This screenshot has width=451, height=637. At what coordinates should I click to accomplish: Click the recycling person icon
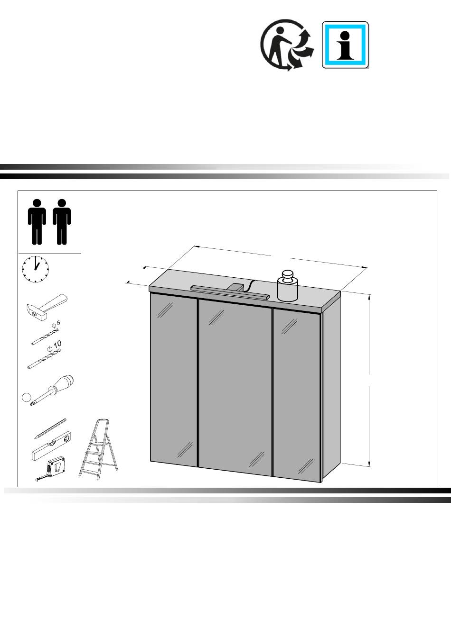click(287, 45)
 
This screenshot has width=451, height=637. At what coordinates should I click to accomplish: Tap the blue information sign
click(345, 45)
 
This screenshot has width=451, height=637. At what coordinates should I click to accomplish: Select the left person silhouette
click(37, 222)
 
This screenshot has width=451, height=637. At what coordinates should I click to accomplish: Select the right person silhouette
click(62, 222)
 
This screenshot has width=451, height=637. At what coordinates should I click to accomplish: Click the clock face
click(35, 269)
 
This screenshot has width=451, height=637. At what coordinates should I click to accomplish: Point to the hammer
click(47, 308)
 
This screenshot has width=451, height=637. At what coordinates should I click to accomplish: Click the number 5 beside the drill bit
click(58, 323)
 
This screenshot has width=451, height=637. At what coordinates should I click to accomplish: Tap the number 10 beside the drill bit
click(57, 344)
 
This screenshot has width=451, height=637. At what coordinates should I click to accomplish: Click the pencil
click(50, 428)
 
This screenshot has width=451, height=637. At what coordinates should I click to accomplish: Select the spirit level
click(51, 450)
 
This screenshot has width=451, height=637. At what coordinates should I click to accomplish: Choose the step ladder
click(98, 449)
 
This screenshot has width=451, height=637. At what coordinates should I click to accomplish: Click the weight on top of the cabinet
click(288, 285)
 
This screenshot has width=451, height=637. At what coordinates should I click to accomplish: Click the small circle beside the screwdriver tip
click(26, 397)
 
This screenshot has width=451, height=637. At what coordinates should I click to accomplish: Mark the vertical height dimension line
click(369, 381)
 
